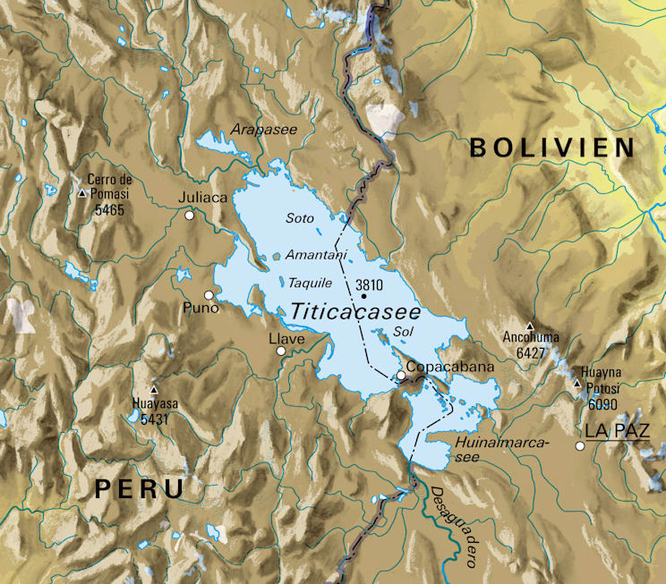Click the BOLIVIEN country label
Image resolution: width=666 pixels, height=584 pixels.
pyautogui.click(x=552, y=148)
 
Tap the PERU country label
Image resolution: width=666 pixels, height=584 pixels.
pyautogui.click(x=140, y=488)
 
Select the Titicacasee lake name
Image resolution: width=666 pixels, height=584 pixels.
pyautogui.click(x=356, y=311)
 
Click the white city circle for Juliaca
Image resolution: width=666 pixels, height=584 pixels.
pyautogui.click(x=189, y=216)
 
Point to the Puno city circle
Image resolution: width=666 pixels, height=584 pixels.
pyautogui.click(x=209, y=295)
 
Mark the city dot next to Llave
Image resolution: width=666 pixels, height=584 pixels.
pyautogui.click(x=281, y=351)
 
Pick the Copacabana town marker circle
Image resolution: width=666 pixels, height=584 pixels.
pyautogui.click(x=400, y=375)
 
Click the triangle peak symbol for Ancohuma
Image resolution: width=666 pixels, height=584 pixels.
pyautogui.click(x=530, y=326)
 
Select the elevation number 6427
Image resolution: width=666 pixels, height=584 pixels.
pyautogui.click(x=530, y=353)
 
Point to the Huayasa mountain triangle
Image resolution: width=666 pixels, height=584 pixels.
pyautogui.click(x=155, y=390)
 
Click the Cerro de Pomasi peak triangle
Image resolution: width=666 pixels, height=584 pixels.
pyautogui.click(x=83, y=192)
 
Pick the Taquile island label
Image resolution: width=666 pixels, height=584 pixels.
pyautogui.click(x=311, y=283)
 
